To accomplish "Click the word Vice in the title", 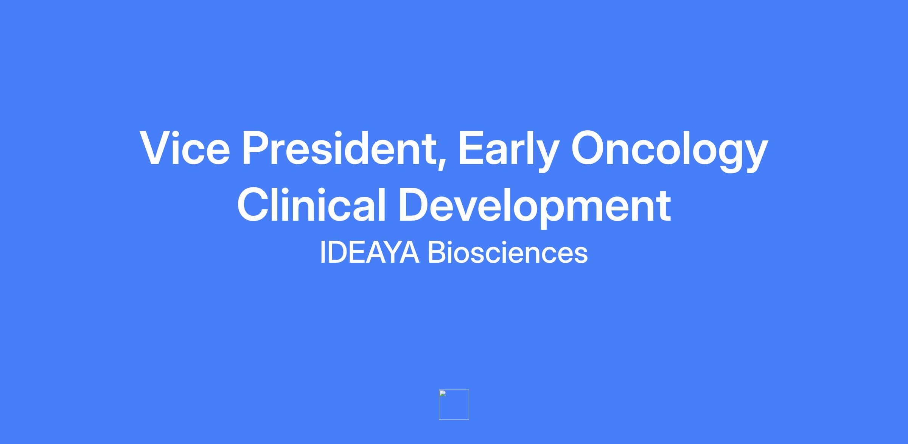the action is [185, 148].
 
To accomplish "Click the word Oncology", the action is [669, 150].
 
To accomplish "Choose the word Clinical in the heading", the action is [311, 204].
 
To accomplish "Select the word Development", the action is [535, 207].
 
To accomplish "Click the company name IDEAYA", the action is [370, 252].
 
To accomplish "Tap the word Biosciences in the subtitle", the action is [508, 252].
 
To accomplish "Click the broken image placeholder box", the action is [454, 405].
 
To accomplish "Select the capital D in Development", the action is [416, 204].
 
